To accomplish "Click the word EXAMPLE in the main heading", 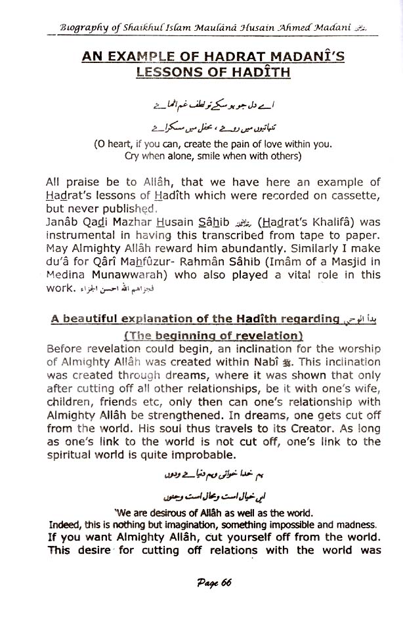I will pos(146,57).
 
